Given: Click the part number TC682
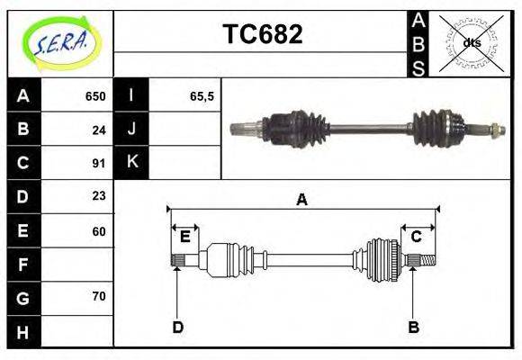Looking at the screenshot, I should coord(262,35).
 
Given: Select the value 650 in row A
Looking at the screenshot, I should coord(94,96).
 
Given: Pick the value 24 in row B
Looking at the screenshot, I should coord(99,130).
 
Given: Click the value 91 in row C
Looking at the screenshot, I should coord(99,163).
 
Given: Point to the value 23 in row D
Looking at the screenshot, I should coord(99,196).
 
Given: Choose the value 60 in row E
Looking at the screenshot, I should coord(99,230).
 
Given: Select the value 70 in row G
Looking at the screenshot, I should coord(99,297).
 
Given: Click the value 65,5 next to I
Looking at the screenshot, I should coord(202,96).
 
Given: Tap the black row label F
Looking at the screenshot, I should coord(23,265).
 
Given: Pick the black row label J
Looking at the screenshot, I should coord(131,130).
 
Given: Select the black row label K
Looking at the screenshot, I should coord(131,163).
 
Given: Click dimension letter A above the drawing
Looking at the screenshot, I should coord(301,200).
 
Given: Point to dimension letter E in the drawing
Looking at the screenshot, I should coord(184,237).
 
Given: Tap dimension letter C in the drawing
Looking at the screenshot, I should coord(417,237).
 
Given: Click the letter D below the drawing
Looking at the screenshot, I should coord(177,328).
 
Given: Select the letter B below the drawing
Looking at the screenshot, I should coord(413,328).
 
